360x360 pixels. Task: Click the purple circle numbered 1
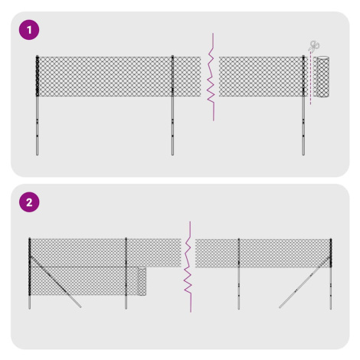(x=29, y=30)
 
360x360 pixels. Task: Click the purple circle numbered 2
(x=29, y=202)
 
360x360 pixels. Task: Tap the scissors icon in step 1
(x=314, y=46)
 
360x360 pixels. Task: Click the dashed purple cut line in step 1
(x=311, y=78)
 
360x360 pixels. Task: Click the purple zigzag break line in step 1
(x=211, y=77)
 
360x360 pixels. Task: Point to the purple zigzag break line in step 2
(x=188, y=267)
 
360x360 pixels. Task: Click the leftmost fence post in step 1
(x=37, y=105)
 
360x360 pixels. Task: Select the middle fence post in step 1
(x=172, y=105)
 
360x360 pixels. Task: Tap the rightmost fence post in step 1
(x=303, y=105)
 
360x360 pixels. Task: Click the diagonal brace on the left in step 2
(x=56, y=282)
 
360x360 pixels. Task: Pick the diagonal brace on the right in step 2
(x=305, y=282)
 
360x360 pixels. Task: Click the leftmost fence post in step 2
(x=30, y=273)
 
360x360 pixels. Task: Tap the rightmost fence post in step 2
(x=331, y=274)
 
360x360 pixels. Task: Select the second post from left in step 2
(x=126, y=273)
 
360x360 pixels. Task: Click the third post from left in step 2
(x=239, y=274)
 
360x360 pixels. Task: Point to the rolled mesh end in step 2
(x=142, y=281)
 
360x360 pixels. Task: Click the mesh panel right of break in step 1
(x=263, y=77)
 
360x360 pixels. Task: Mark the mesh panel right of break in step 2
(x=263, y=253)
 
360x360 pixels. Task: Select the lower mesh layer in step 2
(x=88, y=281)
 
